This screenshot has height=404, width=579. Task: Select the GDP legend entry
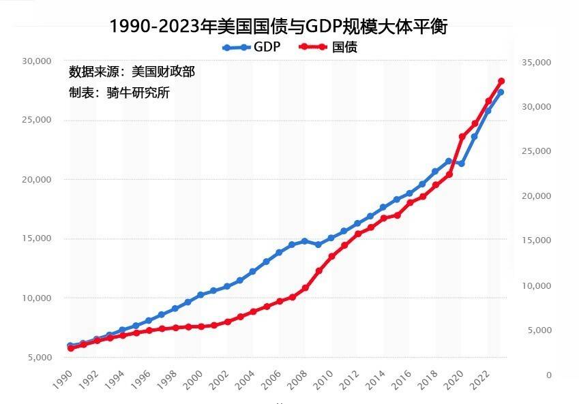(x=252, y=47)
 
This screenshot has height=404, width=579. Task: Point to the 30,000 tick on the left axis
(x=37, y=61)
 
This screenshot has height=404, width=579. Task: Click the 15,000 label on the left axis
(x=37, y=238)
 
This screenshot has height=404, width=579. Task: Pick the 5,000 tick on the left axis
(x=40, y=357)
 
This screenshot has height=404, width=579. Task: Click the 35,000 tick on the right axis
(x=536, y=63)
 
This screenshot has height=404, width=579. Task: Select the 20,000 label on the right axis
(x=536, y=196)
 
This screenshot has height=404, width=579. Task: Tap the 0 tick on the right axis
(x=548, y=375)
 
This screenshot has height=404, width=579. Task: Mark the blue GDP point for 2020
(x=462, y=164)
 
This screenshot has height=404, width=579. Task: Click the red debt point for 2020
(x=462, y=137)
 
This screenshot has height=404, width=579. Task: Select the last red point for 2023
(x=501, y=81)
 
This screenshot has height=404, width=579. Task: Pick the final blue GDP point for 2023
(x=501, y=92)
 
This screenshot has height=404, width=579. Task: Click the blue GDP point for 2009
(x=318, y=245)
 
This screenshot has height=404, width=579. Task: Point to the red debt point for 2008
(x=305, y=288)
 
